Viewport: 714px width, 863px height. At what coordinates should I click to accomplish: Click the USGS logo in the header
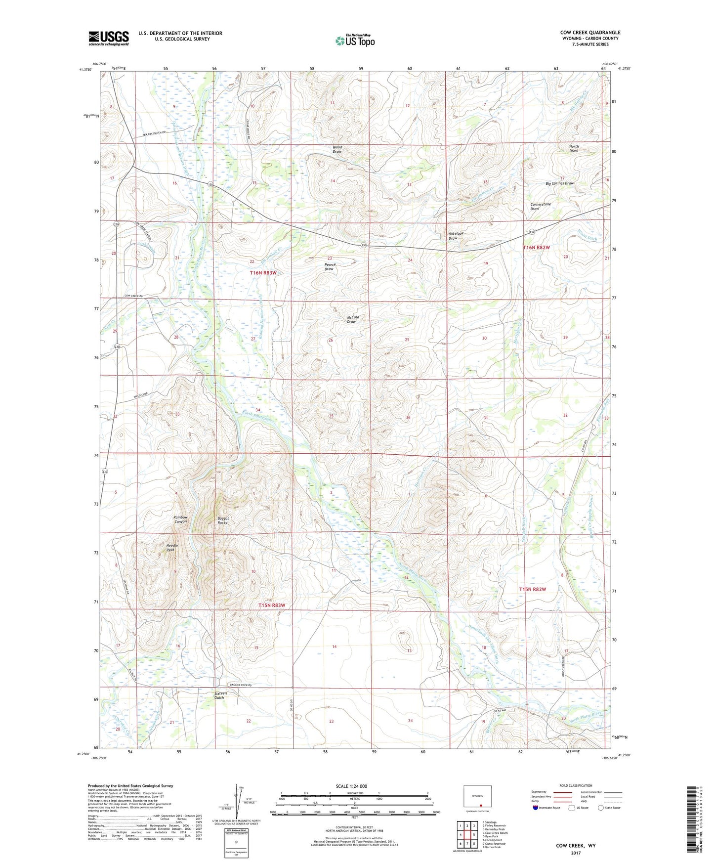point(108,38)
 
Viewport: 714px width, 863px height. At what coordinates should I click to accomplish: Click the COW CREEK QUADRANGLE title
point(590,33)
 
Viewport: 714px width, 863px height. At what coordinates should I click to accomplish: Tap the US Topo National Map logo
point(354,41)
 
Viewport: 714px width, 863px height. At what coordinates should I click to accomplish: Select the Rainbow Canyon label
point(180,519)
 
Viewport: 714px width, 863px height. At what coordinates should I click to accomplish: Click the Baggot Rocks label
point(222,520)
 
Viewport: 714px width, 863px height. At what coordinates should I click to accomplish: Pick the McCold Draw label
point(352,319)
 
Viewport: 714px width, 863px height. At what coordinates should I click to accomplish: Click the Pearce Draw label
point(330,266)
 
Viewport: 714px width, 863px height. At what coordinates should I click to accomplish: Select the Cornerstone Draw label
point(540,206)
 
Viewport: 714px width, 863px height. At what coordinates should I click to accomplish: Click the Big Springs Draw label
point(559,183)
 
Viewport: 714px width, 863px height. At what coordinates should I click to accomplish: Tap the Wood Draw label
point(337,149)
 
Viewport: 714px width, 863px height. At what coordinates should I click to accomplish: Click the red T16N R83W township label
point(263,273)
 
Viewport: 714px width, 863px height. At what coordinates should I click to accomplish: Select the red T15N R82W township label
point(533,589)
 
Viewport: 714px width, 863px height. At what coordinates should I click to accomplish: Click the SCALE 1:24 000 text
point(351,786)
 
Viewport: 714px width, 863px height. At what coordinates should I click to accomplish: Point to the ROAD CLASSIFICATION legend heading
point(576,785)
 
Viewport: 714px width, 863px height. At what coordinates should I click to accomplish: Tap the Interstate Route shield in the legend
point(536,808)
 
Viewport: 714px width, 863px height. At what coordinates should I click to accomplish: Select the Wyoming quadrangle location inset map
point(477,796)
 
